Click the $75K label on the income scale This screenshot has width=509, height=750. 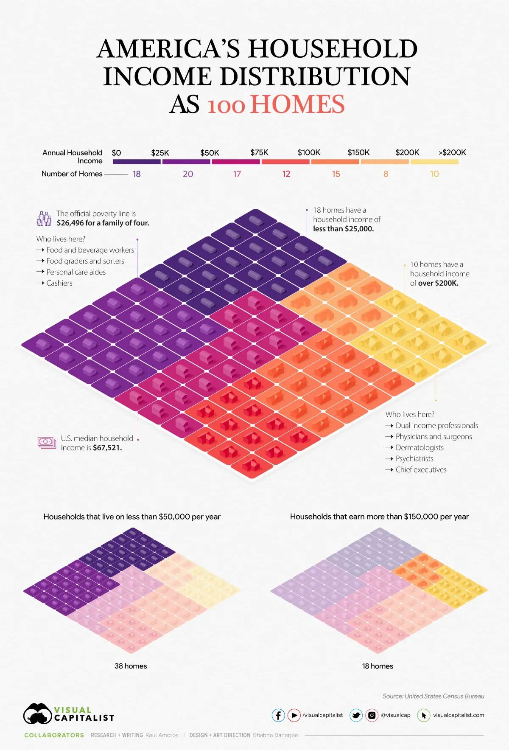click(x=259, y=152)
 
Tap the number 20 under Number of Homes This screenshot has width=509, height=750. click(x=188, y=174)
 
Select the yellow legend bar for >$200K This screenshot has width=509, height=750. click(x=434, y=162)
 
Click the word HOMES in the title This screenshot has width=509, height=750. click(x=297, y=105)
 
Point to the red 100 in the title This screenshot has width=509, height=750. click(x=226, y=106)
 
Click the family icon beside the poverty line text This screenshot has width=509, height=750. click(x=44, y=218)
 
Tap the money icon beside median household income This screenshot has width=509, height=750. click(x=47, y=443)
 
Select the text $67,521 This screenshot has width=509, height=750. click(x=107, y=448)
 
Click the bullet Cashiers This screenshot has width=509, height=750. click(x=59, y=283)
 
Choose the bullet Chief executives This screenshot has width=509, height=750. click(x=421, y=470)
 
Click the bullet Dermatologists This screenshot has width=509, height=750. click(x=420, y=448)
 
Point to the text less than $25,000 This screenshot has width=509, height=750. click(x=344, y=229)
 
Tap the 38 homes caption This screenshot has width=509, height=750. click(x=131, y=666)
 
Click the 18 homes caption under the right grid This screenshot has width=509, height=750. click(x=378, y=666)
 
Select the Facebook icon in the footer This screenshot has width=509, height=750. click(x=278, y=715)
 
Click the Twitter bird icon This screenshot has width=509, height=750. click(x=356, y=715)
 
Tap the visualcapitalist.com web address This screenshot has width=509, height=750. click(x=459, y=715)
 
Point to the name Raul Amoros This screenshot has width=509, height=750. click(x=162, y=735)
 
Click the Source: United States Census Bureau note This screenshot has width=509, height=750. click(x=433, y=696)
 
